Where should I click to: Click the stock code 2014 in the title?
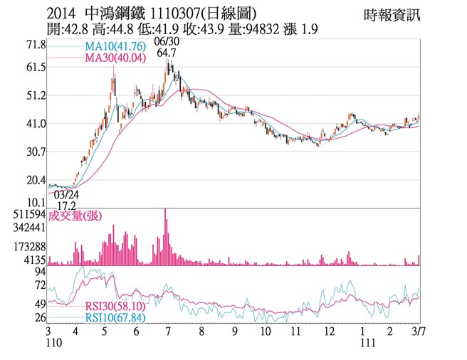61,14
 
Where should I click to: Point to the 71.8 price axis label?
35,45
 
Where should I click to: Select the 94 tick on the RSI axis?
41,271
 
